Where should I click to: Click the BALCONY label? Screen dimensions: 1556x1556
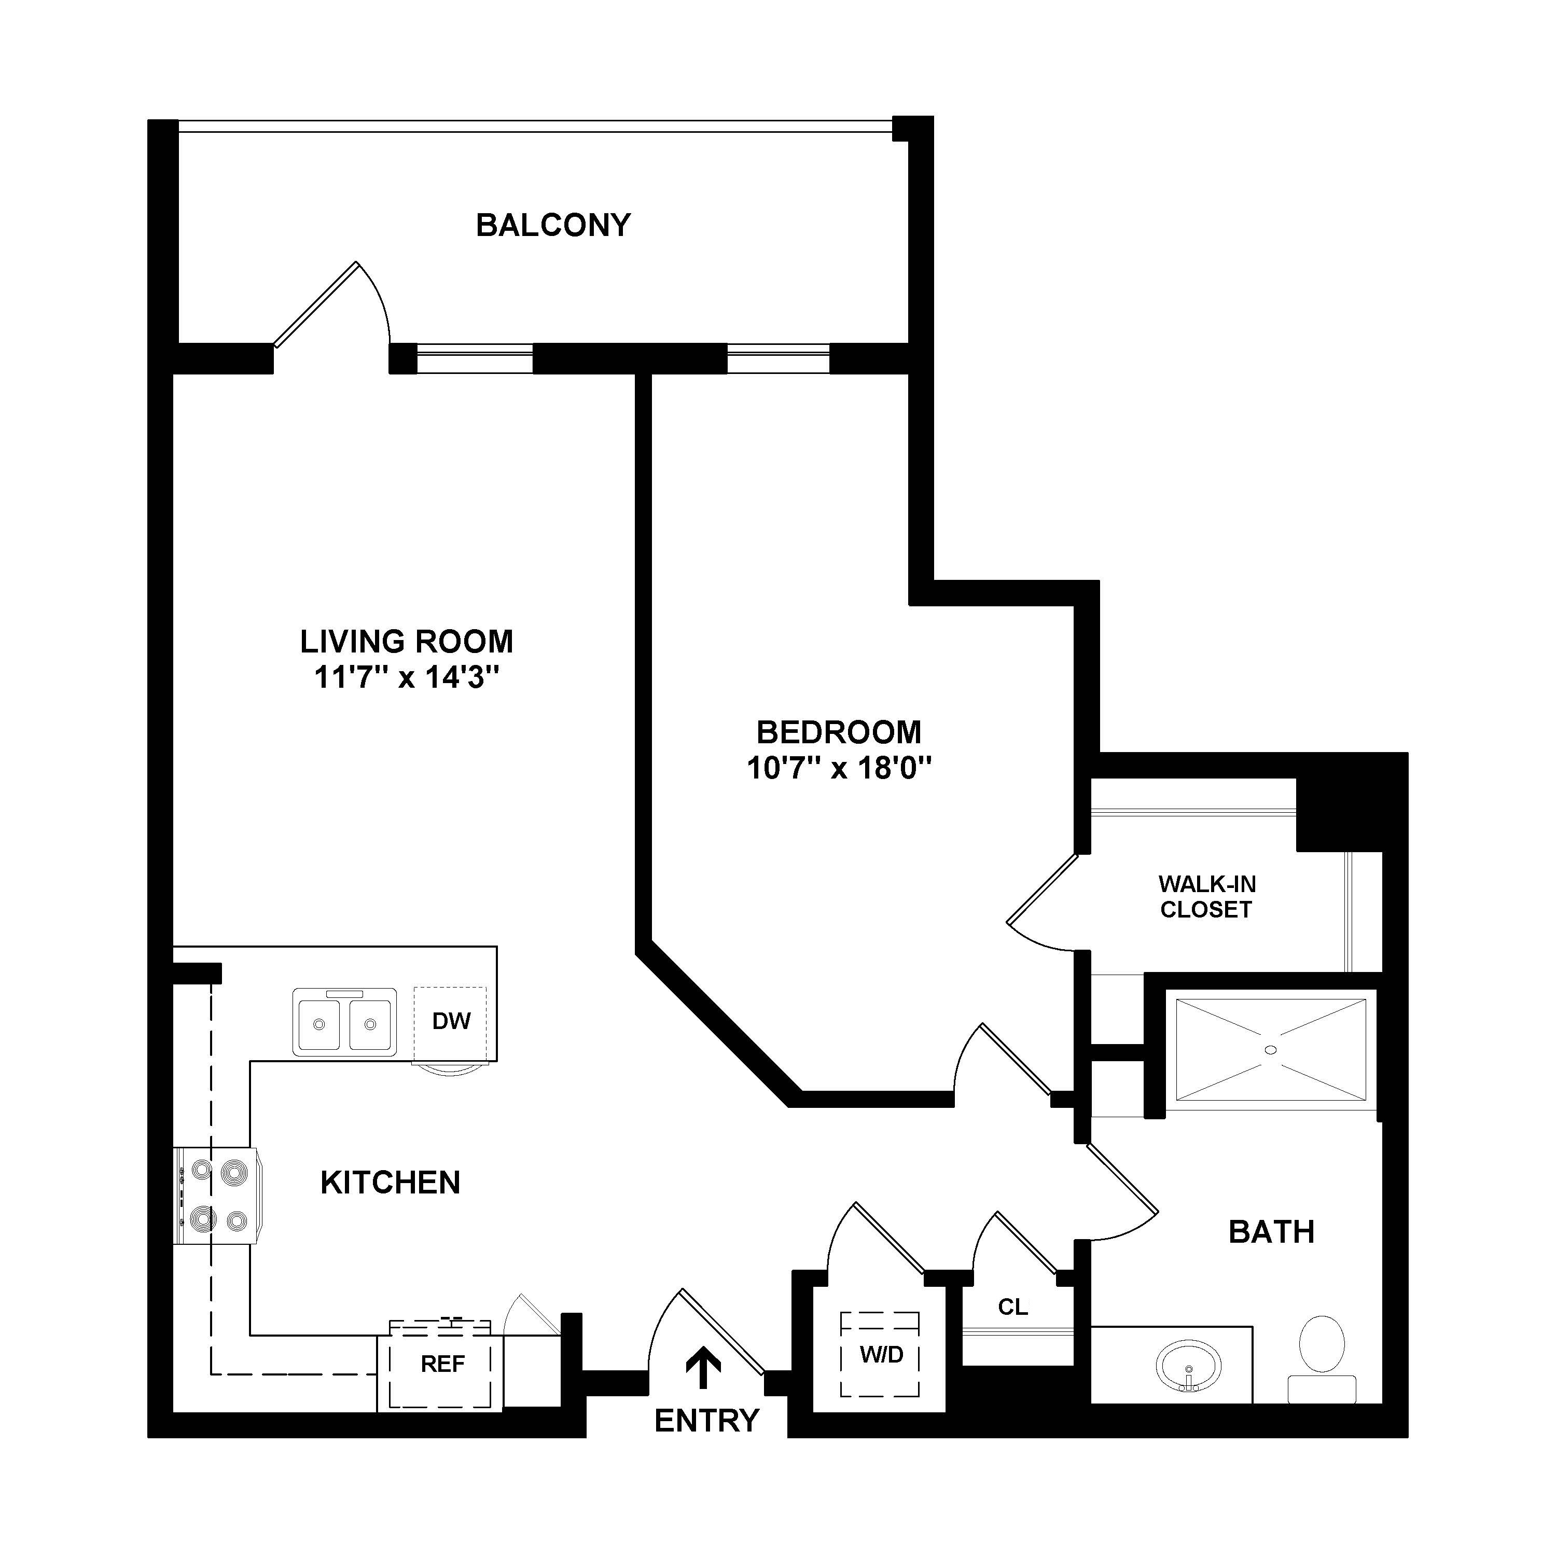pyautogui.click(x=553, y=226)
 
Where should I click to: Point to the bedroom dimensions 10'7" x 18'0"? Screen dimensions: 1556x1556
pyautogui.click(x=839, y=768)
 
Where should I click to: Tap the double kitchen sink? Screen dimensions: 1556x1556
pyautogui.click(x=345, y=1021)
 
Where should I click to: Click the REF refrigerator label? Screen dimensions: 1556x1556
pyautogui.click(x=443, y=1364)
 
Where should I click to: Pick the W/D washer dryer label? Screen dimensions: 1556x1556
pyautogui.click(x=881, y=1355)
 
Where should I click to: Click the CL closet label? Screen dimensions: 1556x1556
pyautogui.click(x=1012, y=1307)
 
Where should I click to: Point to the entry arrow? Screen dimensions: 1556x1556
pyautogui.click(x=703, y=1368)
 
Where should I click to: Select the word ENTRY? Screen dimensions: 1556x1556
pyautogui.click(x=707, y=1421)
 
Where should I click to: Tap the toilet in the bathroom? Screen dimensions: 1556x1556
pyautogui.click(x=1322, y=1359)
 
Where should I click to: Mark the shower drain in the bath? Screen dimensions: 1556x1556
pyautogui.click(x=1271, y=1049)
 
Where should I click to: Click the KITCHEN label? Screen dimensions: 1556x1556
pyautogui.click(x=391, y=1183)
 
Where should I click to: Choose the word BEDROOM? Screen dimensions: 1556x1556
pyautogui.click(x=839, y=732)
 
